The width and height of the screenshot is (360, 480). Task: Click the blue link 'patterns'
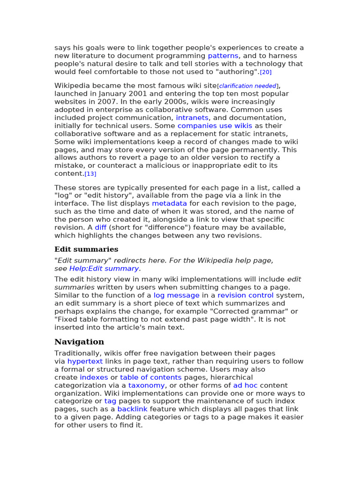click(223, 56)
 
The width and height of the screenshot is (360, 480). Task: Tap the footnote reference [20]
click(266, 72)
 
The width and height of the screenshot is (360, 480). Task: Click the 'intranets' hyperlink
click(192, 118)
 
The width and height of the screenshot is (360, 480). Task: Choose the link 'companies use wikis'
click(215, 126)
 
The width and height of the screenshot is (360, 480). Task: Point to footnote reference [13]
click(90, 174)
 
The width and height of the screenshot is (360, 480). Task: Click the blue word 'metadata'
click(169, 203)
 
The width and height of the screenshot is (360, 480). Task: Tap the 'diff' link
click(101, 227)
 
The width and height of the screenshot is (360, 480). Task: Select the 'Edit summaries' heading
click(86, 249)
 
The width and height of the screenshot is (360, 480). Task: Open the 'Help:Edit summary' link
click(104, 269)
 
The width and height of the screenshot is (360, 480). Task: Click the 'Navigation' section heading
click(79, 342)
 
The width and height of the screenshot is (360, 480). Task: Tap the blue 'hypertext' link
click(85, 361)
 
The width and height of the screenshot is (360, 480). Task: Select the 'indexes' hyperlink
click(94, 377)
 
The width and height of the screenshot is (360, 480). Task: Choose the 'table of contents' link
click(150, 377)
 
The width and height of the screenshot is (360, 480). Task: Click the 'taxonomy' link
click(146, 385)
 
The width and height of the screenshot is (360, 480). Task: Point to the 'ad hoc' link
click(245, 385)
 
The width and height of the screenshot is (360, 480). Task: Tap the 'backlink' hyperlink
click(132, 409)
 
